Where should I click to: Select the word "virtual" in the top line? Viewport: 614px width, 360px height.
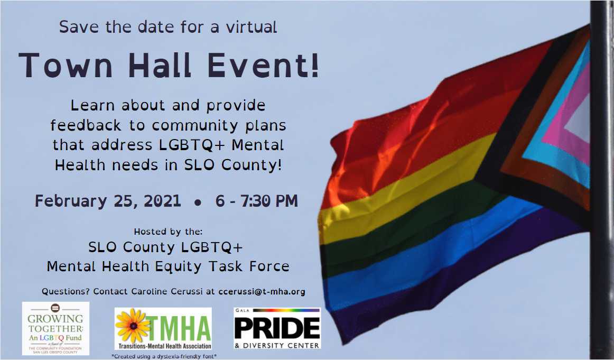(252, 26)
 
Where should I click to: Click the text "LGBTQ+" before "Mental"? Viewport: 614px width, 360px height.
(192, 145)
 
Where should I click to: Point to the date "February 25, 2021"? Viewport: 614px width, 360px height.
(108, 201)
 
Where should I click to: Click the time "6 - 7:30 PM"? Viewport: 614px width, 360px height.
(256, 201)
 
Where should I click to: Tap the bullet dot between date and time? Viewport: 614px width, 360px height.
(198, 202)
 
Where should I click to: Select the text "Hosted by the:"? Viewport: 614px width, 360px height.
(169, 232)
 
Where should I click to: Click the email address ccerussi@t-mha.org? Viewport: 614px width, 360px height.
(262, 291)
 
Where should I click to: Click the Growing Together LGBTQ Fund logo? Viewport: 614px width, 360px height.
(55, 328)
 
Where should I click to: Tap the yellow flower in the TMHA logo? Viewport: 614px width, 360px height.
(132, 326)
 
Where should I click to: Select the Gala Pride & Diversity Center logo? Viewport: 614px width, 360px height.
(277, 328)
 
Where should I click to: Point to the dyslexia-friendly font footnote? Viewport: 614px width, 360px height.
(164, 356)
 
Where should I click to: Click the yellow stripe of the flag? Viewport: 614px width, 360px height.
(403, 188)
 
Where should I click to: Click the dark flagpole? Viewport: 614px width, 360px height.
(602, 180)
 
